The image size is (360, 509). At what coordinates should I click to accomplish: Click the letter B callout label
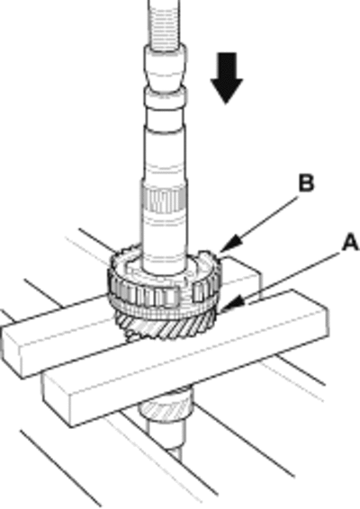(306, 183)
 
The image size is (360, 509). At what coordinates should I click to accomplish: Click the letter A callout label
(351, 243)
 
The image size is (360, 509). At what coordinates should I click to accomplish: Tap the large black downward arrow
(227, 79)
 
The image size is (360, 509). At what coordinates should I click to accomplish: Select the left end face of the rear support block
(13, 353)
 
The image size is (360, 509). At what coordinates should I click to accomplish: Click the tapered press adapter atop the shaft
(166, 67)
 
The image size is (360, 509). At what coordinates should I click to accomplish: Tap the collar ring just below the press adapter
(166, 98)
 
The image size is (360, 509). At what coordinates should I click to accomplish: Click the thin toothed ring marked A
(164, 311)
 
